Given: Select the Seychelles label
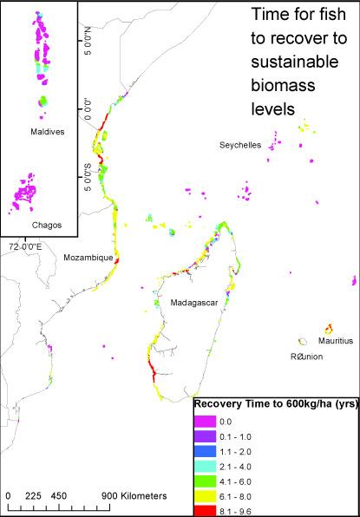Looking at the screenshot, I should [240, 146].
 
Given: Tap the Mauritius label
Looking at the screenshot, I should [336, 341].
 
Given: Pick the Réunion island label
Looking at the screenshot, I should [307, 357].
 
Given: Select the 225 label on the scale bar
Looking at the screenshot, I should [34, 496].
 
